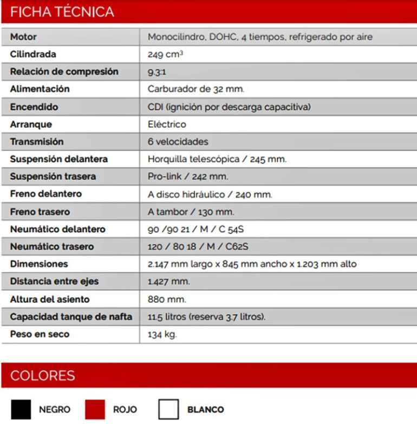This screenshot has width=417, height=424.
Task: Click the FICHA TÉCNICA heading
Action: tap(62, 12)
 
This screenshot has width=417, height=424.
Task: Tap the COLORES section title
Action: tap(43, 375)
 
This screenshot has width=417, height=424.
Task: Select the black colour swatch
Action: tap(21, 409)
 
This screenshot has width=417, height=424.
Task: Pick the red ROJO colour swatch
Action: tap(94, 409)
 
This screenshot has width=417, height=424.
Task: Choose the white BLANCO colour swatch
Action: tap(168, 409)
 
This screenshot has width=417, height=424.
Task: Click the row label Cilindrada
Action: tap(33, 55)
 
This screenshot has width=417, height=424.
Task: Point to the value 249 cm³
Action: tap(165, 55)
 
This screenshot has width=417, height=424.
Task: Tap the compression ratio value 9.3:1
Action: tap(158, 72)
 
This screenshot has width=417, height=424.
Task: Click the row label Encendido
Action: tap(34, 107)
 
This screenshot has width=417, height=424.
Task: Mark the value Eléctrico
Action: tap(167, 124)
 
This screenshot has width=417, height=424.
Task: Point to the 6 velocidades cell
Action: tap(178, 142)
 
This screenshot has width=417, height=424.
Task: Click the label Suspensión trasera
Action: tap(53, 177)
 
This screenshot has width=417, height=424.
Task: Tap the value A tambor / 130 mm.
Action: tap(191, 212)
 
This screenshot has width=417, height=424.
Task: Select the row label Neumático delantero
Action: tap(58, 229)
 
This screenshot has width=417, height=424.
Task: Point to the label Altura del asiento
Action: tap(50, 299)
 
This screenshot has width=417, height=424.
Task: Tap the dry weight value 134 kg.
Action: tap(162, 334)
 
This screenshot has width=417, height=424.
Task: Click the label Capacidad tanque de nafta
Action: tap(71, 317)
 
